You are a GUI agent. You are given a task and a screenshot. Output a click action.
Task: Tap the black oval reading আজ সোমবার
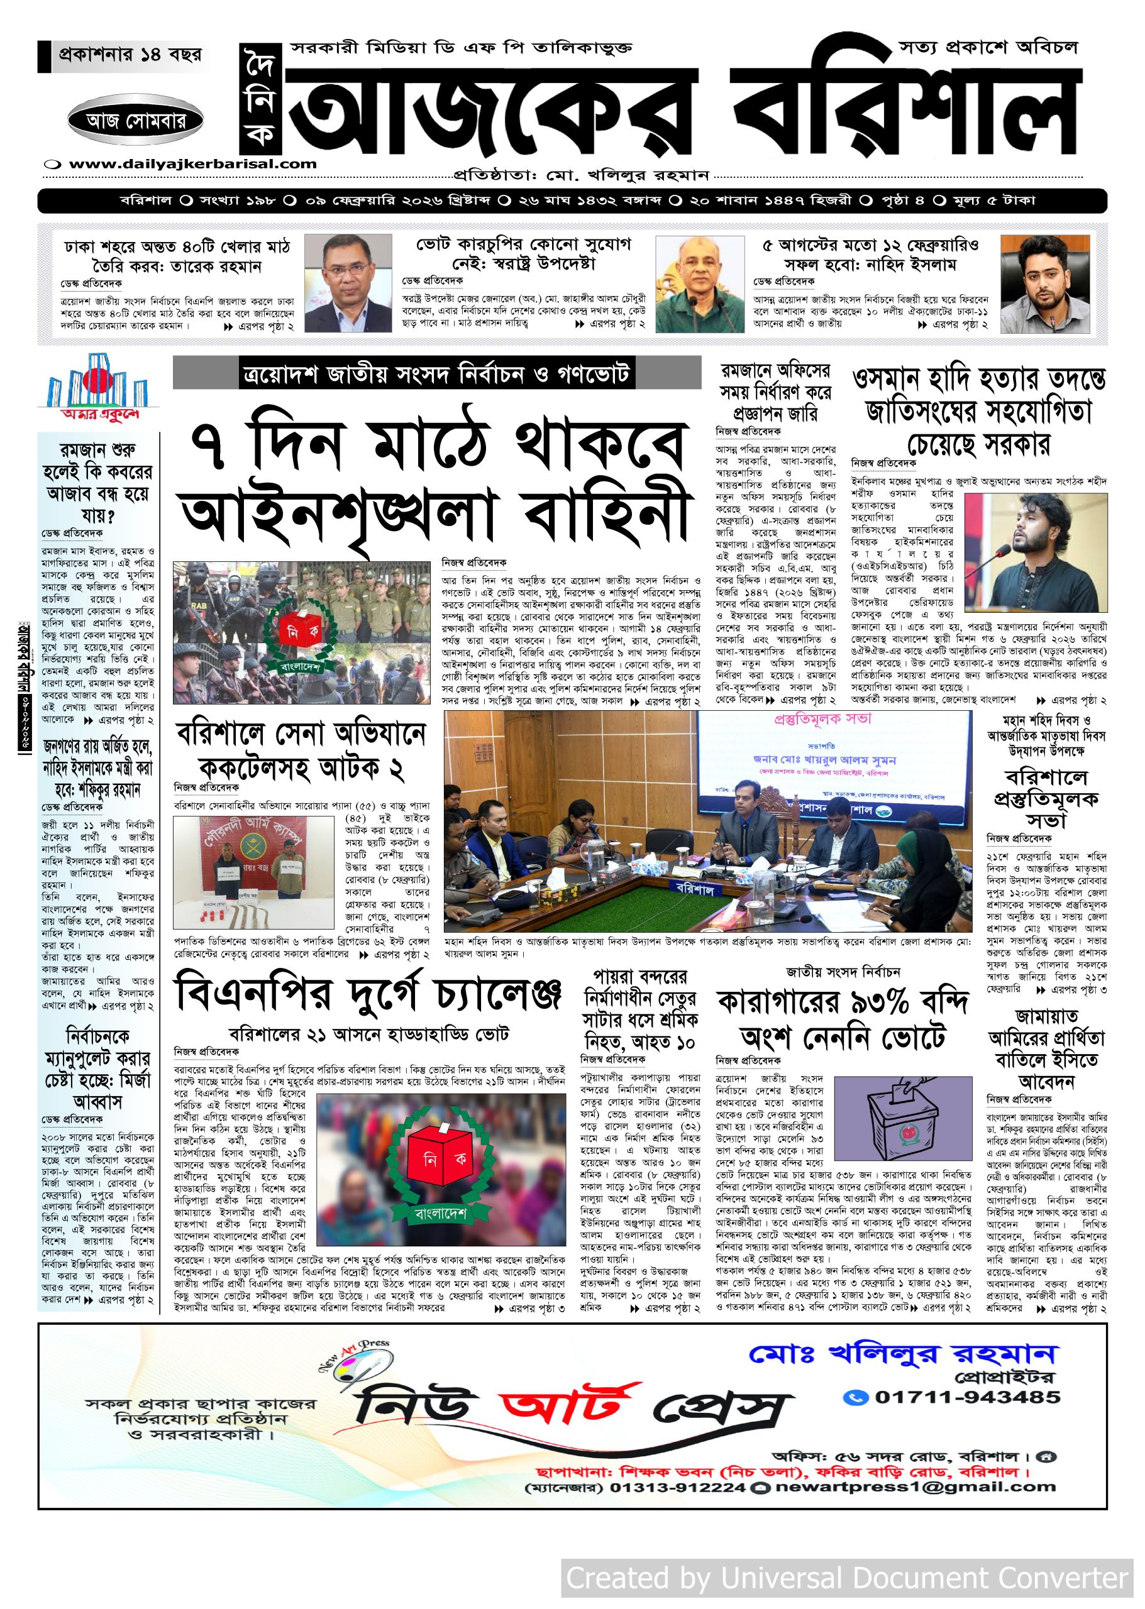point(136,121)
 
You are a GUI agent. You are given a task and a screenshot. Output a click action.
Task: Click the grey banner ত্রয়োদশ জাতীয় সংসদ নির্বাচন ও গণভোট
point(436,373)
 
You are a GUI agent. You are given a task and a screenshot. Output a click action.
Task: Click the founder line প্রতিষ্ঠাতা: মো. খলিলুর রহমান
point(581,174)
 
